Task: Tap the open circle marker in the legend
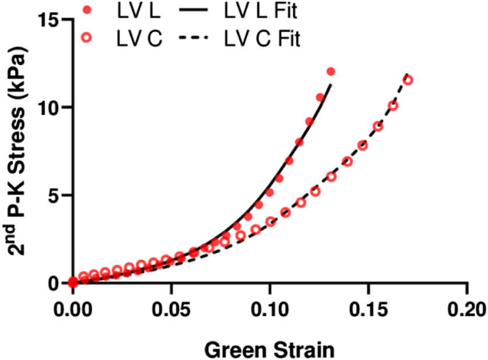click(86, 38)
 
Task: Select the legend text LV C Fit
click(261, 38)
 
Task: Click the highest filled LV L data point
click(330, 72)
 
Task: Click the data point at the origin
click(73, 282)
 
